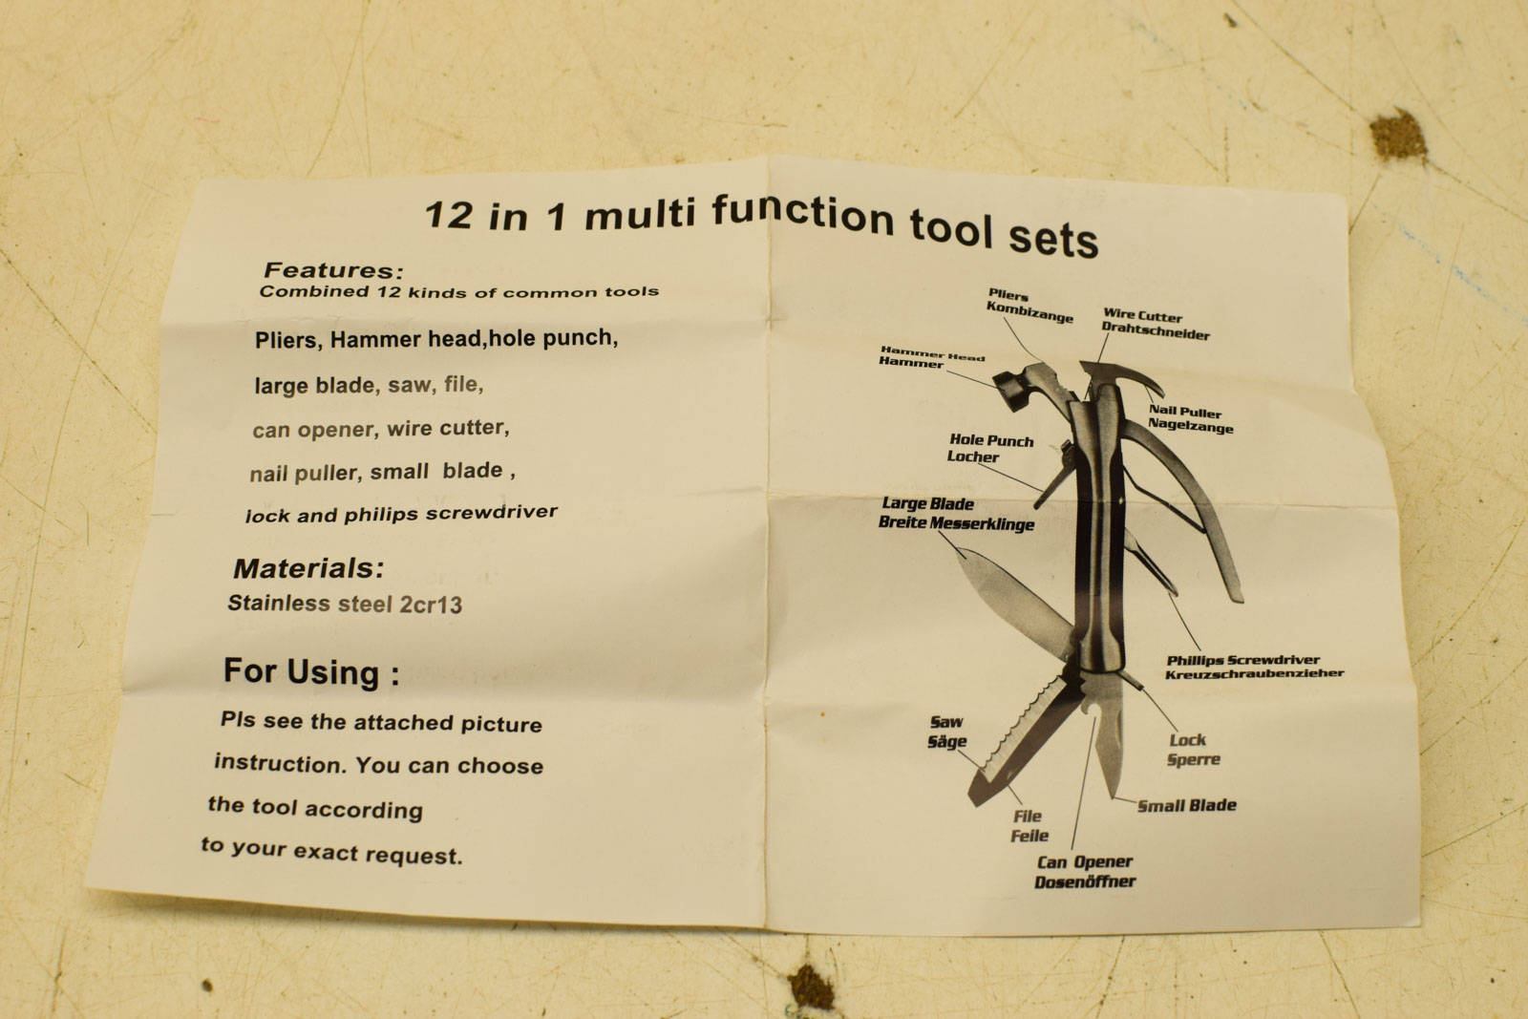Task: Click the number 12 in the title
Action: point(448,215)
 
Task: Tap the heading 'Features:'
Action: point(333,270)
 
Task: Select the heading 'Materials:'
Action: point(308,568)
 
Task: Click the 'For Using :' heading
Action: point(311,672)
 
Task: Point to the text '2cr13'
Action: point(430,605)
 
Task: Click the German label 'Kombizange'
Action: point(1029,312)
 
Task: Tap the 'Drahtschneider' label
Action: point(1156,331)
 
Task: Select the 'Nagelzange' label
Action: point(1190,426)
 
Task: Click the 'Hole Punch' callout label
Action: point(991,440)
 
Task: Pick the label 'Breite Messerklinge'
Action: point(956,523)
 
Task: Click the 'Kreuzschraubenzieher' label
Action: point(1254,673)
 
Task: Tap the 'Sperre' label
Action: point(1193,759)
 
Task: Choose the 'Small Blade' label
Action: point(1187,805)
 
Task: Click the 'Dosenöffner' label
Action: point(1085,881)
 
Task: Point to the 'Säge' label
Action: point(946,741)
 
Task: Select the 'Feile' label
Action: point(1029,836)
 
